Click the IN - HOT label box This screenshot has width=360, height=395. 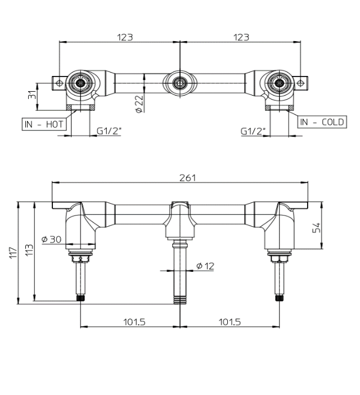(43, 124)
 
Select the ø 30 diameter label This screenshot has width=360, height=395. (51, 240)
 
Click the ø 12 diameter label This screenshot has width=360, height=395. (205, 266)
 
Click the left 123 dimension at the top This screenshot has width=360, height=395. (125, 37)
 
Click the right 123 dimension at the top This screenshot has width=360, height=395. (241, 37)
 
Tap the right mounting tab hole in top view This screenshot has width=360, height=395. (301, 83)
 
